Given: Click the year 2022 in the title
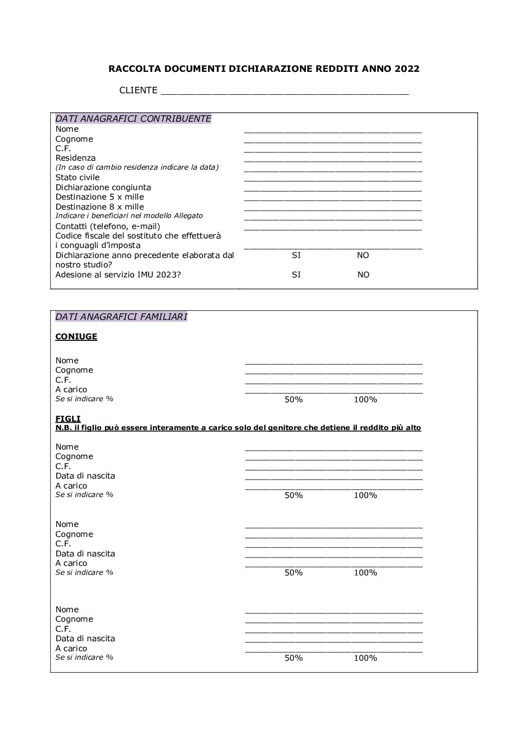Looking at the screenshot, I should (x=407, y=69).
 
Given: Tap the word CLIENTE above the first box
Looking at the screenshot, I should (x=138, y=90).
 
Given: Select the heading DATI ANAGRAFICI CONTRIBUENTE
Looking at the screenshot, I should (x=133, y=119).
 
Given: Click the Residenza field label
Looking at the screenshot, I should (x=75, y=158).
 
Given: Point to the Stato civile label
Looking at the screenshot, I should (x=77, y=178).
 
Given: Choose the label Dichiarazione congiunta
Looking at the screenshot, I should (x=103, y=188).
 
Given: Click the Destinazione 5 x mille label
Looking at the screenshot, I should (x=99, y=197).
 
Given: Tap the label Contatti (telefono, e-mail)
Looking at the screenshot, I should (x=107, y=227).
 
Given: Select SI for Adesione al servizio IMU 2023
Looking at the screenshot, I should (x=296, y=275).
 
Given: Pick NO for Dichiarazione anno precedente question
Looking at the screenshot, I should (x=363, y=255).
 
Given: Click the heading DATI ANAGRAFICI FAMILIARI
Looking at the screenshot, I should (x=121, y=317).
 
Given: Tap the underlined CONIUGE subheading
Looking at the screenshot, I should (x=76, y=337).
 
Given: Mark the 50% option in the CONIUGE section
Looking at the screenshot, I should (x=293, y=400).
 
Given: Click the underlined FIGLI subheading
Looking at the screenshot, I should (x=68, y=419).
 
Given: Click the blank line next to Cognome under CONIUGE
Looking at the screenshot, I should (x=333, y=372).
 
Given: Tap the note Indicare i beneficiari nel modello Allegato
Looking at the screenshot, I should (x=129, y=216).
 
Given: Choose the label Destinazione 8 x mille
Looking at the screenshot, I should (x=99, y=207).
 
